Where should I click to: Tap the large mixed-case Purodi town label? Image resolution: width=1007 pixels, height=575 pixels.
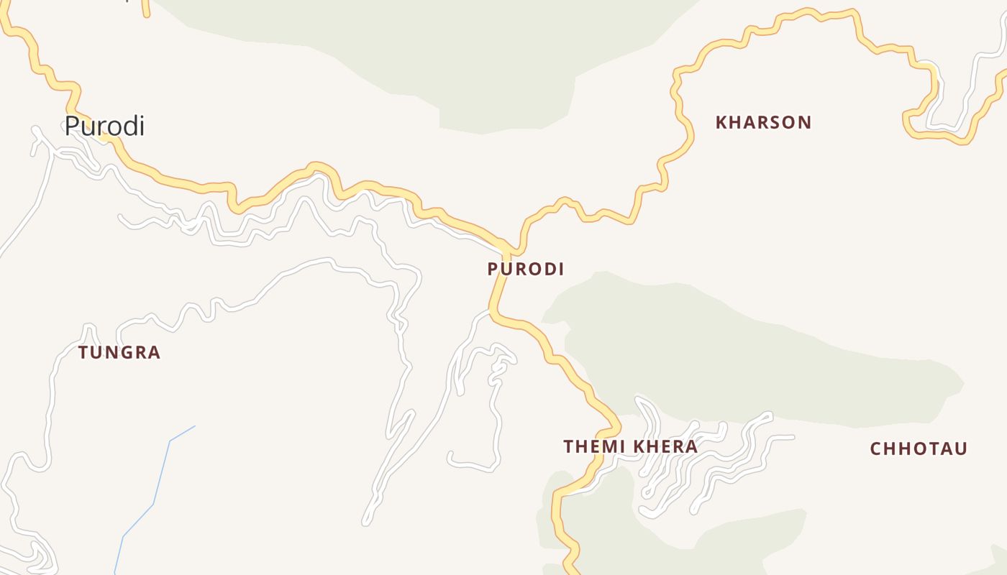click(104, 126)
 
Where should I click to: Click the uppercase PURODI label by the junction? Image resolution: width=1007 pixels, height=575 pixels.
click(525, 269)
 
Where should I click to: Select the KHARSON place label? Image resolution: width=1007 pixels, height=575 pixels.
click(763, 122)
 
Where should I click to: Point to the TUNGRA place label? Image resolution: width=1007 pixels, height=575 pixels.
click(119, 352)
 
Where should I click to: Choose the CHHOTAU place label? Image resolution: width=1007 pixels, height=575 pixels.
click(919, 448)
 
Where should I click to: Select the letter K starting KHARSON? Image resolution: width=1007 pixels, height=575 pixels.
click(721, 122)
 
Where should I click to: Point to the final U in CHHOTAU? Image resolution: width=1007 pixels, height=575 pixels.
click(961, 448)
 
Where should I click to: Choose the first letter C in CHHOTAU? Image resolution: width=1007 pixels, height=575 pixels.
click(876, 448)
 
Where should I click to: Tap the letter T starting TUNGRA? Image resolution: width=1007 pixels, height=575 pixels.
click(83, 352)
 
